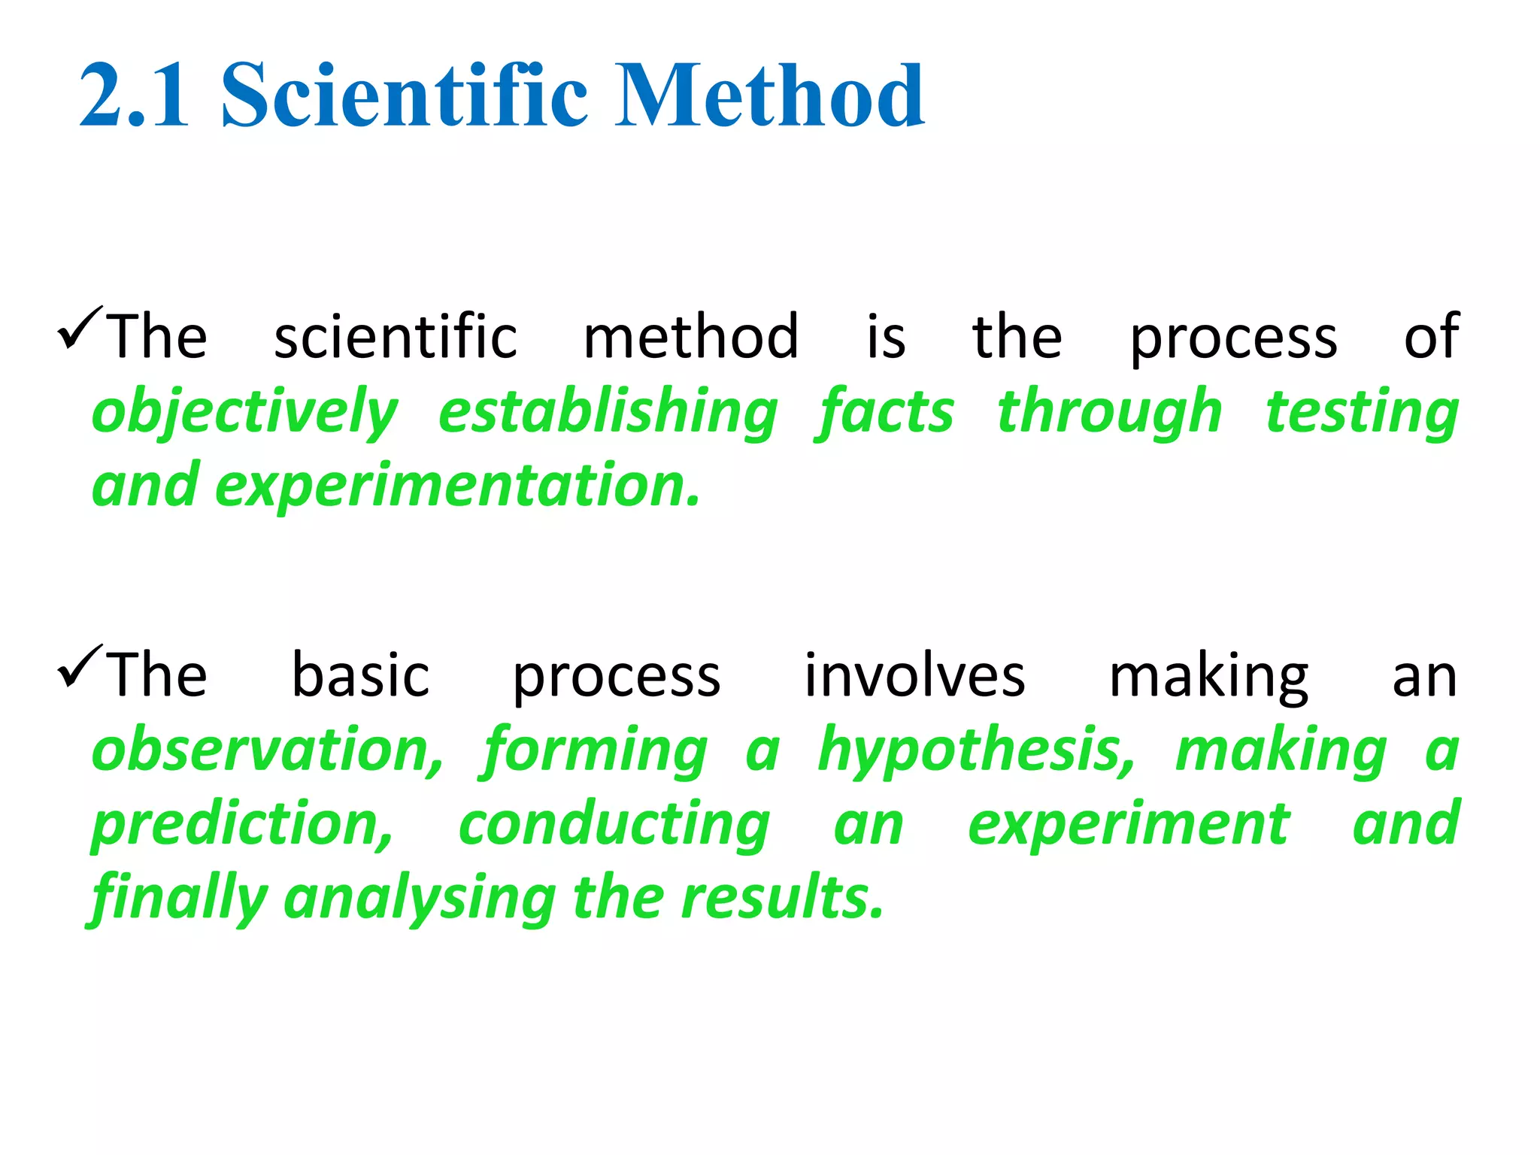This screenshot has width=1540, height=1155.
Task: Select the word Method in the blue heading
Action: (770, 95)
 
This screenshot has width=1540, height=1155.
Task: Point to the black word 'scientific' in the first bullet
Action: (396, 336)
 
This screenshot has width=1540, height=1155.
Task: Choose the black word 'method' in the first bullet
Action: (691, 336)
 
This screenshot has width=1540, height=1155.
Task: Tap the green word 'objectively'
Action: (244, 412)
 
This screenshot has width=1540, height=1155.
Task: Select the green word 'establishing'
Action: (608, 412)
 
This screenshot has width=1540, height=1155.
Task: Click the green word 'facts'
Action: (885, 412)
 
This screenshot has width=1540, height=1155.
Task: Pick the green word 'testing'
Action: (1362, 412)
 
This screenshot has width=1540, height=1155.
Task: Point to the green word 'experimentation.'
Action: (458, 487)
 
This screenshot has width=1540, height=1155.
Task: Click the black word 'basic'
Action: (360, 675)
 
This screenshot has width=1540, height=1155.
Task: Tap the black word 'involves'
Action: (914, 675)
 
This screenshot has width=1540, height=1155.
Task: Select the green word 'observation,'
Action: (268, 750)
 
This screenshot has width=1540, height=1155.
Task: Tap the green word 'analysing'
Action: (420, 898)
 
